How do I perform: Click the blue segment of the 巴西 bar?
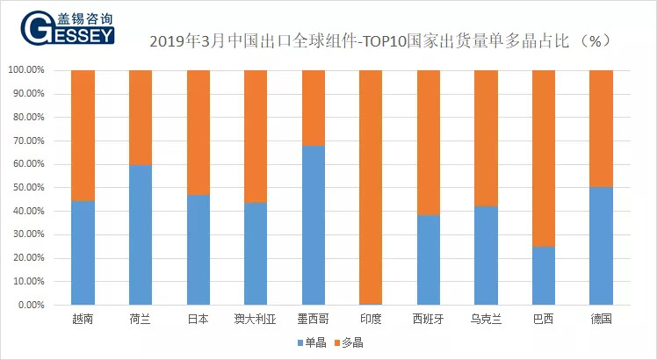click(544, 276)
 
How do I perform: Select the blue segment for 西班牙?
click(428, 260)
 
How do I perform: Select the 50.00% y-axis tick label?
click(28, 188)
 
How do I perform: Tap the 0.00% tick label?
click(31, 306)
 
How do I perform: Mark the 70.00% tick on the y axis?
click(28, 140)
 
